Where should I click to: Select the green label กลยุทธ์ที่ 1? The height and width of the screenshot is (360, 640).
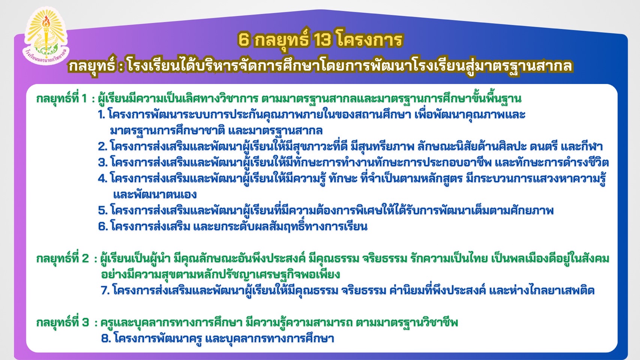pyautogui.click(x=62, y=99)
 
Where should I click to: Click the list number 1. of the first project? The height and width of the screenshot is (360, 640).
pyautogui.click(x=101, y=115)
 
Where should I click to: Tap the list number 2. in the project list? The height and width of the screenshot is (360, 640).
pyautogui.click(x=102, y=147)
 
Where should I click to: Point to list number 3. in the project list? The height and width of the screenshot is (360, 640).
pyautogui.click(x=103, y=163)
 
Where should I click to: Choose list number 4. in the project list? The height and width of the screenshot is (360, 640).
pyautogui.click(x=102, y=179)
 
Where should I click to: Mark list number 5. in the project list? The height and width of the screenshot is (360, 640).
pyautogui.click(x=103, y=211)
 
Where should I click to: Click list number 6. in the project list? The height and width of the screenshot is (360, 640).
pyautogui.click(x=103, y=227)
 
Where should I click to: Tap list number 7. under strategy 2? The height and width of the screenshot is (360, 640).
pyautogui.click(x=105, y=291)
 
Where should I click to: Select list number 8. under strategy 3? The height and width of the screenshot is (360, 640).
pyautogui.click(x=106, y=339)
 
